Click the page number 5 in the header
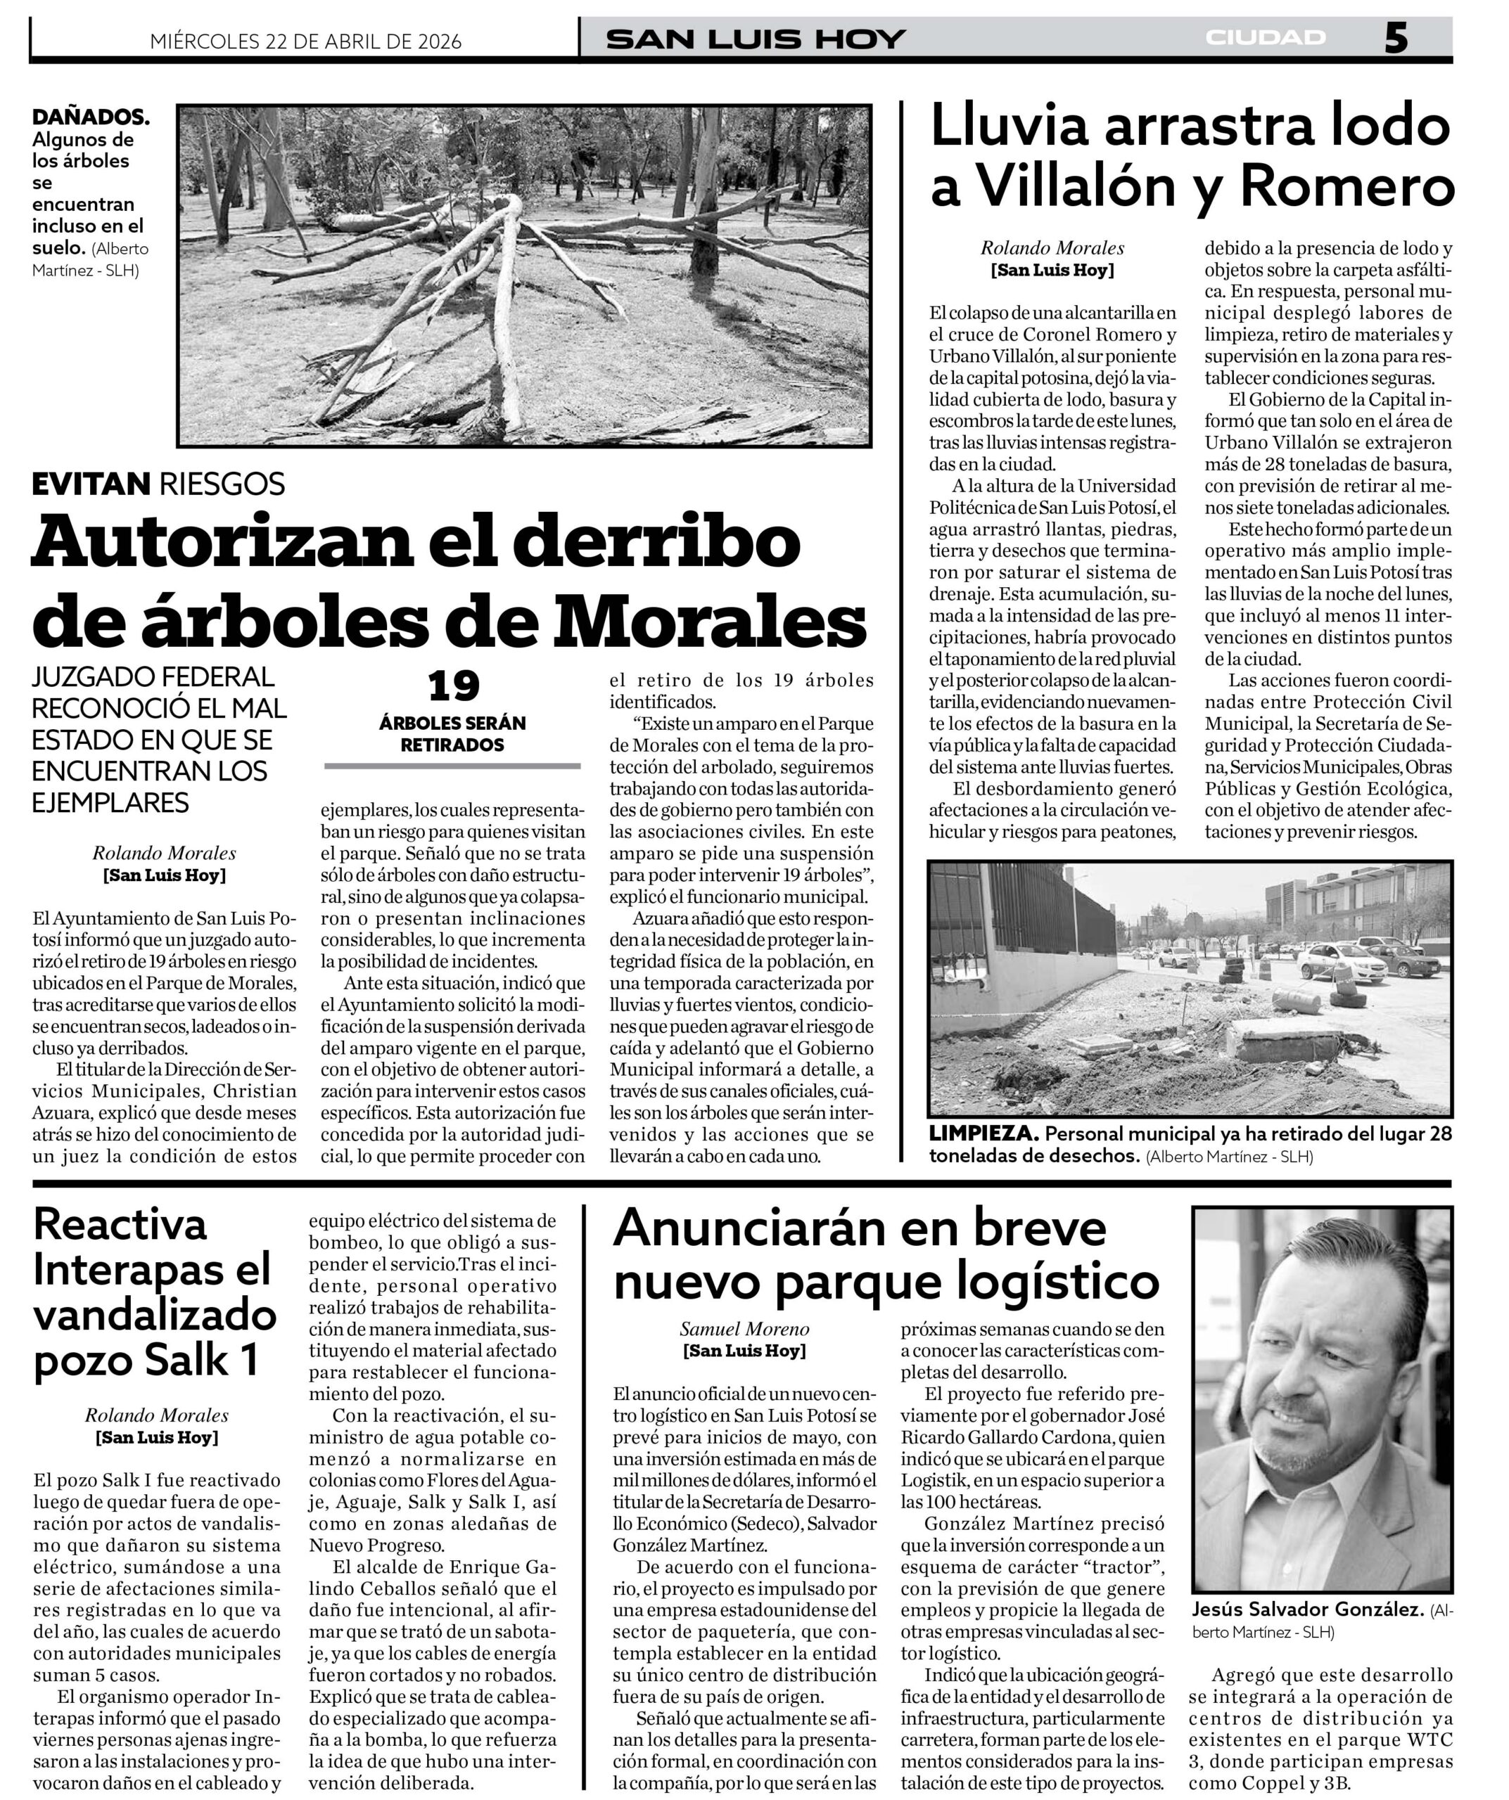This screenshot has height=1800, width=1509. (1395, 39)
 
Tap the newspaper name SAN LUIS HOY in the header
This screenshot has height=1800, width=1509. (756, 39)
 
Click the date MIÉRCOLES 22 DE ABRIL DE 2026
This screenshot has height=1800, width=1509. (305, 41)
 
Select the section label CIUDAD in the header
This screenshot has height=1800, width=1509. (1266, 38)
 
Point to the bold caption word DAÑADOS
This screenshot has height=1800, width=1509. (91, 117)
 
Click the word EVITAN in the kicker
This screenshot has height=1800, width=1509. (91, 484)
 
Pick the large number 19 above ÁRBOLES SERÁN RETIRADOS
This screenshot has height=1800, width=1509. (454, 686)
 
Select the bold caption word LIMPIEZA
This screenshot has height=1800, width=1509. (983, 1134)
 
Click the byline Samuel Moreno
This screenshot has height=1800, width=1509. (744, 1330)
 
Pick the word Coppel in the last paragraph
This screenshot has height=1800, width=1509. (1255, 1785)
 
